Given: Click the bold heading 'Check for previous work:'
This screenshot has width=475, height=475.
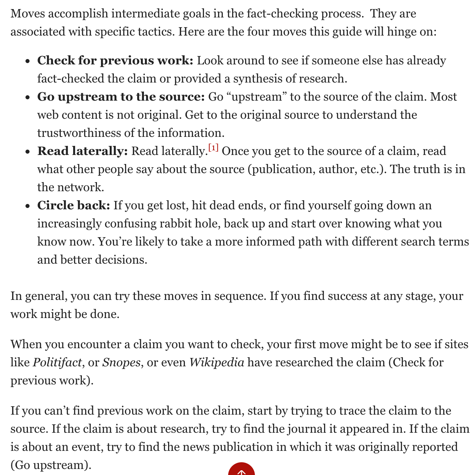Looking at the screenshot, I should tap(115, 61).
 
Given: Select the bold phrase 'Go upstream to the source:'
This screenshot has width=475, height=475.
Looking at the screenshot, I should tap(121, 97).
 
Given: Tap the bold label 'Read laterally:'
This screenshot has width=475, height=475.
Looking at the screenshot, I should tap(83, 151).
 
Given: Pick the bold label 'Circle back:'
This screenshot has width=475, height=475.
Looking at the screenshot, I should tap(73, 206).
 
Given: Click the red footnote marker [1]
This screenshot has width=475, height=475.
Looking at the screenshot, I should tap(213, 148).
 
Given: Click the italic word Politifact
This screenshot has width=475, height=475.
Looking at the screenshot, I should tap(57, 363).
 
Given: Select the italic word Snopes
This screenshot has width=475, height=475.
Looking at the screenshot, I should tap(121, 363).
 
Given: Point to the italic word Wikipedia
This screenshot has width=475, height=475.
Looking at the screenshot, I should tap(217, 363).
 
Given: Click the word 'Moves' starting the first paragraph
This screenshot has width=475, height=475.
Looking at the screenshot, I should tap(26, 14).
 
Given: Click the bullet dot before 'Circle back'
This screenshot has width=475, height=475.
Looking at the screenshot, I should tap(28, 206).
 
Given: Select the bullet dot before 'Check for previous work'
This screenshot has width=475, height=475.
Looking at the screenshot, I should tap(28, 61).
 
